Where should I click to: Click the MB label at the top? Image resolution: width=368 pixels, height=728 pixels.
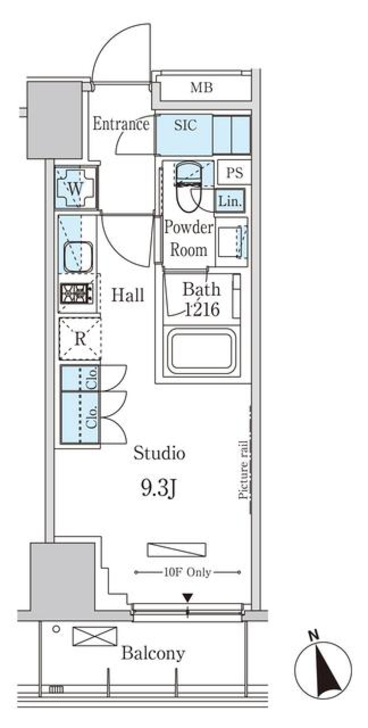pos(202,88)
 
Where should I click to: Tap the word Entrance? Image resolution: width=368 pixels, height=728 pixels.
pos(121,124)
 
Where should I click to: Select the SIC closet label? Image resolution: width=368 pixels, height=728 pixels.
pos(185,125)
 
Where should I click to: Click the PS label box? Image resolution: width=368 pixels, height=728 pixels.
pos(234,173)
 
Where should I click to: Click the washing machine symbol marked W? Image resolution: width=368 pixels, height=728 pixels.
pos(75,188)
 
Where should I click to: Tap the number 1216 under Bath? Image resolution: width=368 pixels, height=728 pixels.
pos(202,309)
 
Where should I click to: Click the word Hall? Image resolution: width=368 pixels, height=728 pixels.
pos(128,295)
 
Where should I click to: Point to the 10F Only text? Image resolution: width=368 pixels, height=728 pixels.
pos(187,572)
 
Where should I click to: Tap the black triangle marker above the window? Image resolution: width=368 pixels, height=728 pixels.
pos(187,598)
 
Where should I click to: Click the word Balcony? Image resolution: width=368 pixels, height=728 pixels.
pos(153,653)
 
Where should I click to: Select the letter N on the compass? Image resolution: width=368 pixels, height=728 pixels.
pos(314,635)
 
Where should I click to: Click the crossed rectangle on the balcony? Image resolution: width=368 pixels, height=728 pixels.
pos(95,636)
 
